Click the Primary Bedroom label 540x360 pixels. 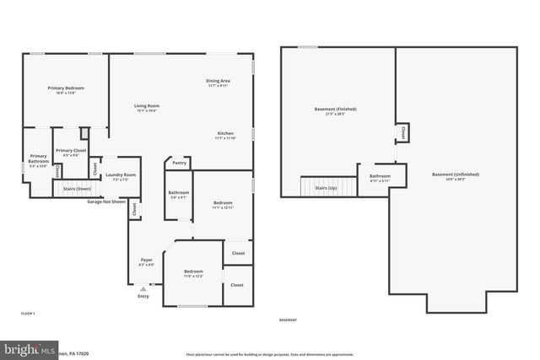(65, 89)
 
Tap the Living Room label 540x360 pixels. (147, 106)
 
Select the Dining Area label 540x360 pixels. (218, 82)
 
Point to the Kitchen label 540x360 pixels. (225, 134)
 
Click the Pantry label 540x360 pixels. (179, 163)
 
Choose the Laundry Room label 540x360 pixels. (121, 176)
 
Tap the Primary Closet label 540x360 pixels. (71, 151)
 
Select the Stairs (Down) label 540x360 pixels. (77, 189)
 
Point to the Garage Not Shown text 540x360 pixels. (106, 202)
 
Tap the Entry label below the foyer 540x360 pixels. (143, 296)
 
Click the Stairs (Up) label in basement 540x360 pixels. (326, 187)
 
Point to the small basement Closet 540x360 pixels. (403, 132)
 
